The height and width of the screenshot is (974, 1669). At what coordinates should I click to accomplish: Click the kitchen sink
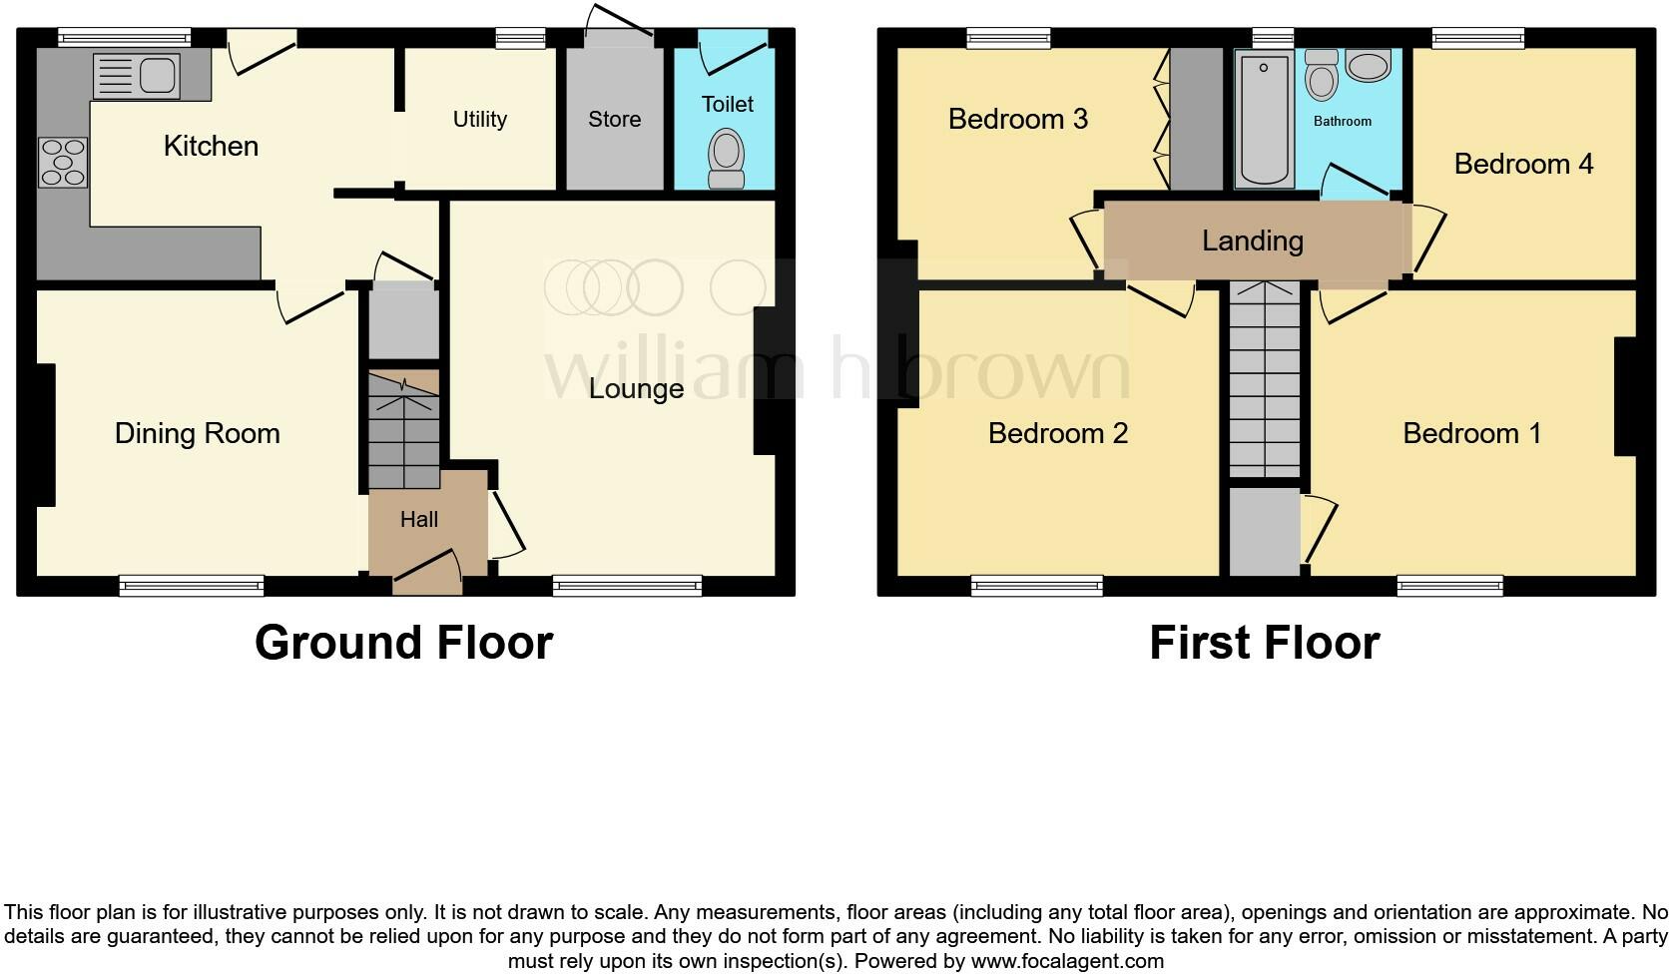[136, 76]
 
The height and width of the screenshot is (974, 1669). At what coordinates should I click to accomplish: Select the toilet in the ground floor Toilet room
[726, 160]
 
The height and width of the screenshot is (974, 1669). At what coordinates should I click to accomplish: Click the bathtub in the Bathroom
[1264, 120]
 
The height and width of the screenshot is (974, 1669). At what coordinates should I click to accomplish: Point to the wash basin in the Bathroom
[1367, 66]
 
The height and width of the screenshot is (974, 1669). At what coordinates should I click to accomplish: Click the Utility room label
[480, 120]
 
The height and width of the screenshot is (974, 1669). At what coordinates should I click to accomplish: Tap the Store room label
[614, 120]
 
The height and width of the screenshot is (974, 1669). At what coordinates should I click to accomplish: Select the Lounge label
[636, 388]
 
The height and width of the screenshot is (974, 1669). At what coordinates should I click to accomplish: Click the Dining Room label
[197, 433]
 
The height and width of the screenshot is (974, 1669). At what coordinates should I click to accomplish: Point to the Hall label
[419, 519]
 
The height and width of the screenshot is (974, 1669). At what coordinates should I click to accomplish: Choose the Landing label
[1253, 241]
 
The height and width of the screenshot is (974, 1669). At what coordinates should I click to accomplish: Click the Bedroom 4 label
[1523, 164]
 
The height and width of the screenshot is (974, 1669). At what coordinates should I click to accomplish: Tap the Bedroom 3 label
[1018, 119]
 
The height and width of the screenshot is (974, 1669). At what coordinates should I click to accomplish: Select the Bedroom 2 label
[1058, 433]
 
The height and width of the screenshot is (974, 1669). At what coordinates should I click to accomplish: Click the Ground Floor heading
[403, 643]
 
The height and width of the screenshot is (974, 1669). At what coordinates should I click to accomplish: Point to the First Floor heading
[1265, 643]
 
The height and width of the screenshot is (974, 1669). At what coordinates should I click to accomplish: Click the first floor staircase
[1265, 379]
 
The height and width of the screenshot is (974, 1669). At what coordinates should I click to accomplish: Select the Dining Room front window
[192, 586]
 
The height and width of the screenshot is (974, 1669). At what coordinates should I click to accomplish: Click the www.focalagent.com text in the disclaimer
[1067, 962]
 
